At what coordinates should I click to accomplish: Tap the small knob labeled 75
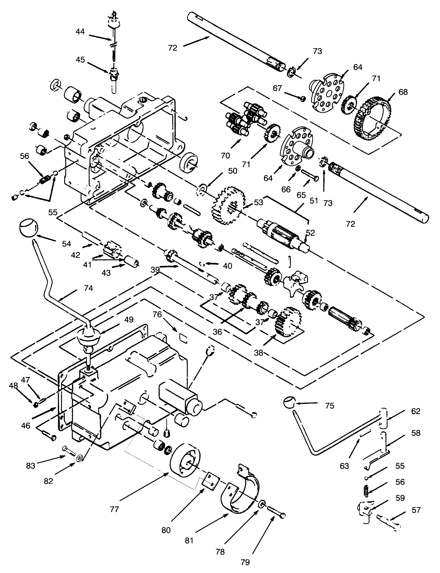290,403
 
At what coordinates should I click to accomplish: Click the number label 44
80,31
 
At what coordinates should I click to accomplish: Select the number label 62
416,411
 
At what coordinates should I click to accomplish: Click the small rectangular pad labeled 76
183,337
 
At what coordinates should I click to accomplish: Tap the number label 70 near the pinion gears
225,155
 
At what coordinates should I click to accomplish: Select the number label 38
259,353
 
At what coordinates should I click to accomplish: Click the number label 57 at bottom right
416,510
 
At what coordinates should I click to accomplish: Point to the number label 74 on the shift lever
88,288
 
